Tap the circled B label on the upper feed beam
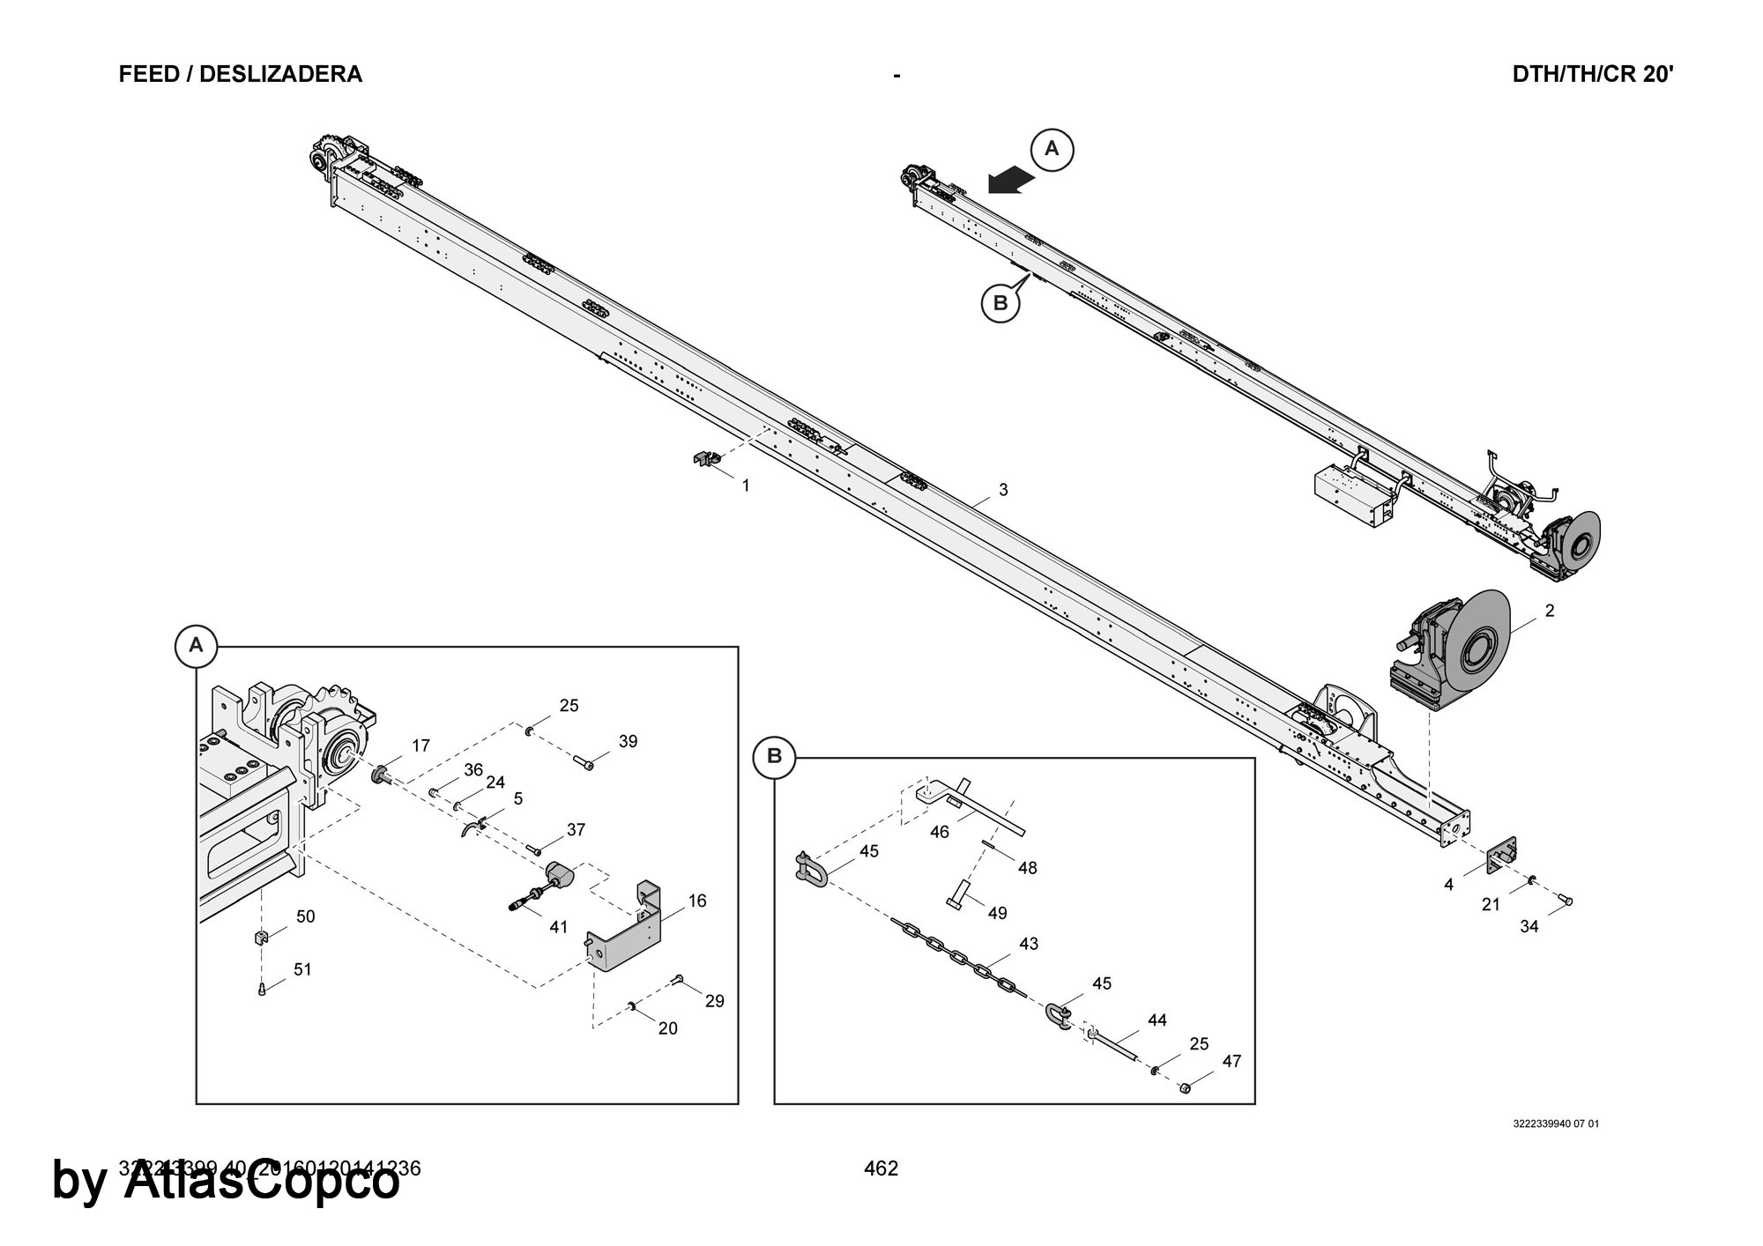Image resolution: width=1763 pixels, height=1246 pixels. [1001, 303]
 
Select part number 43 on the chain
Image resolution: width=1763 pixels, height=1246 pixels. [1029, 944]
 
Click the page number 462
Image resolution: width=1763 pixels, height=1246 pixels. [881, 1168]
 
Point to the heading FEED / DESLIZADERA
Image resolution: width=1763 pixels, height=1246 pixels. [240, 74]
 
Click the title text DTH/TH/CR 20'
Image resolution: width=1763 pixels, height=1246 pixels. [1593, 74]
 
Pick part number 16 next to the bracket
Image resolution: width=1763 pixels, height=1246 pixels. [697, 901]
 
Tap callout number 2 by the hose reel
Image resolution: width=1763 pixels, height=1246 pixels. [1550, 611]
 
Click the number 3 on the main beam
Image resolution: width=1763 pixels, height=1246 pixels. [1003, 490]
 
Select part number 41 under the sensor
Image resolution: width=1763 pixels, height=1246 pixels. [559, 926]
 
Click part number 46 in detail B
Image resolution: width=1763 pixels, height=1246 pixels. [940, 832]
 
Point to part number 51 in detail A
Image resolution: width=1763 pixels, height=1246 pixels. [302, 969]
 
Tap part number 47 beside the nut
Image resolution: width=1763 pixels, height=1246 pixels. [1231, 1062]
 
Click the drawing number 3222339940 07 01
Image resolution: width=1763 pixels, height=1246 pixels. [1556, 1124]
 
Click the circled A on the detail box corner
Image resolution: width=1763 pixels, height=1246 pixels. [196, 645]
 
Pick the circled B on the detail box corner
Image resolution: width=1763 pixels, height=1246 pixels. [775, 756]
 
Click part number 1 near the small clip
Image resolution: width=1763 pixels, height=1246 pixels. [746, 486]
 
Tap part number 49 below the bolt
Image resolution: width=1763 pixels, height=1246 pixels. [997, 913]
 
